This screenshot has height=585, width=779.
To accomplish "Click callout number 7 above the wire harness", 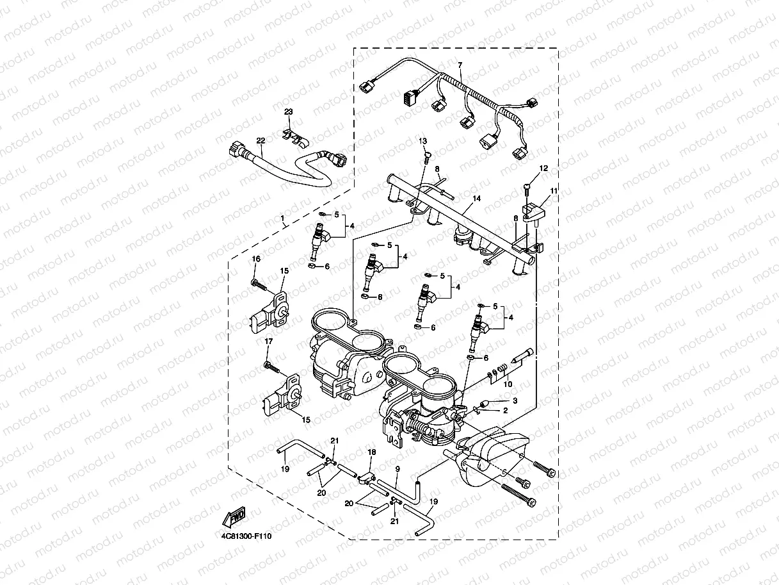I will tap(459, 65).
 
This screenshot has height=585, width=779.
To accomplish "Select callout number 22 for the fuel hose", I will tap(261, 140).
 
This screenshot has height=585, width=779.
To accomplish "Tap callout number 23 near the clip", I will tap(289, 112).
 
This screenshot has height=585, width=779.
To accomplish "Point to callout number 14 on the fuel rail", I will tap(476, 199).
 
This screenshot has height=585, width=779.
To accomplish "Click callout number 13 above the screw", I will tap(422, 140).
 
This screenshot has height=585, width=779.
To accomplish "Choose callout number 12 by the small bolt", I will tap(543, 169).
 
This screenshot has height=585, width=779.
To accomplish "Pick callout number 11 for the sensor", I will tap(554, 191).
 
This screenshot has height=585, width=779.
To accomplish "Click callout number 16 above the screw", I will tap(256, 259).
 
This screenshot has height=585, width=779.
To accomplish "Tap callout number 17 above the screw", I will tap(269, 342).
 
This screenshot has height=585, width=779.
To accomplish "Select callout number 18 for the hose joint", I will tap(371, 453).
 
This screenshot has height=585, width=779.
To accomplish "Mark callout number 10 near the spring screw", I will tap(508, 384).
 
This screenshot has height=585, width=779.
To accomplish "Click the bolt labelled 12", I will tap(527, 186).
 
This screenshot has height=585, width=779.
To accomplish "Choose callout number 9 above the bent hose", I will tap(397, 470).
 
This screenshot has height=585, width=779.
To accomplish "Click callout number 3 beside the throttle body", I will tap(514, 400).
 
